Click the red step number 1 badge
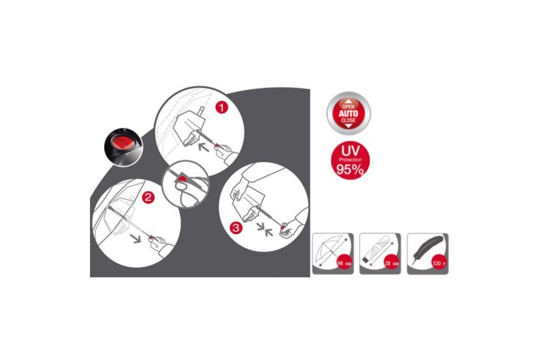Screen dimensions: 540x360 click(222, 107)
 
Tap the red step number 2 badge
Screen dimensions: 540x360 click(148, 198)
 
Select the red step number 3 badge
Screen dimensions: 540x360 click(236, 228)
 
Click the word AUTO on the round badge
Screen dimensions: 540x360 click(348, 113)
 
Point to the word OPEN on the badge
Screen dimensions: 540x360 click(348, 107)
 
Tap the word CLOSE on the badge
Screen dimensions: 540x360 click(348, 120)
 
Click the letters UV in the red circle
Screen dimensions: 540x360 click(350, 151)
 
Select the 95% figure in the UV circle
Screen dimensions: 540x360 click(350, 170)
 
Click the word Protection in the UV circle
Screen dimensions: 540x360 click(350, 160)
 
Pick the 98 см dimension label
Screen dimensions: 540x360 click(344, 263)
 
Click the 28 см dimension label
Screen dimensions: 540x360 click(391, 263)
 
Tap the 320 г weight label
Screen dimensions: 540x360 click(439, 263)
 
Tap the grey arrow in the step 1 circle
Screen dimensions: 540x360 click(204, 148)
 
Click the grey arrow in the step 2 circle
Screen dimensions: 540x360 click(136, 238)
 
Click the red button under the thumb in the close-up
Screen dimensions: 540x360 click(182, 179)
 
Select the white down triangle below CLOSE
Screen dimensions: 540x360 click(348, 126)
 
